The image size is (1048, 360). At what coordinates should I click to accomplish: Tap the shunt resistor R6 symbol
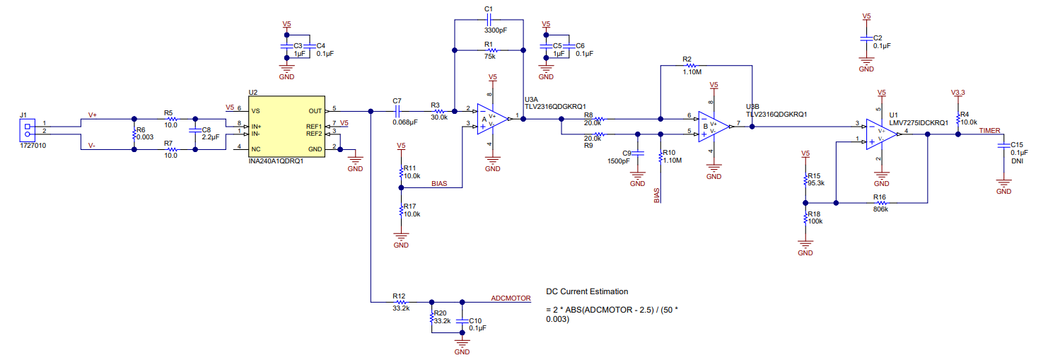(134, 134)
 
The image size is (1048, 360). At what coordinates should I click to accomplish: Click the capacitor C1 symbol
(489, 21)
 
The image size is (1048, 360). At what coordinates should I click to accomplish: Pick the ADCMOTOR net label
(511, 298)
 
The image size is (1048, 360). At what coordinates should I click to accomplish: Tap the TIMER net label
(989, 130)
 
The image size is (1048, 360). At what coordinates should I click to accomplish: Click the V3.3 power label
(958, 93)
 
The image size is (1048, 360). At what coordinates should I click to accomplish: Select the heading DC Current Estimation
(587, 291)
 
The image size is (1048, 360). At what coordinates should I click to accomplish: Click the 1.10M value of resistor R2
(692, 71)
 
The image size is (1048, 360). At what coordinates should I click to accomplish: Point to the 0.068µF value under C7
(405, 122)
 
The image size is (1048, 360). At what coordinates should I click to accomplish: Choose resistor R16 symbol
(880, 202)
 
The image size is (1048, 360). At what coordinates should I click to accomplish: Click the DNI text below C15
(1016, 161)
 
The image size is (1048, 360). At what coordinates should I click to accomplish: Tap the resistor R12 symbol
(400, 302)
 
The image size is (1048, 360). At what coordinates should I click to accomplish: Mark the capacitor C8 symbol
(195, 134)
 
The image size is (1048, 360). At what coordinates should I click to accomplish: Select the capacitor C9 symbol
(638, 153)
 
